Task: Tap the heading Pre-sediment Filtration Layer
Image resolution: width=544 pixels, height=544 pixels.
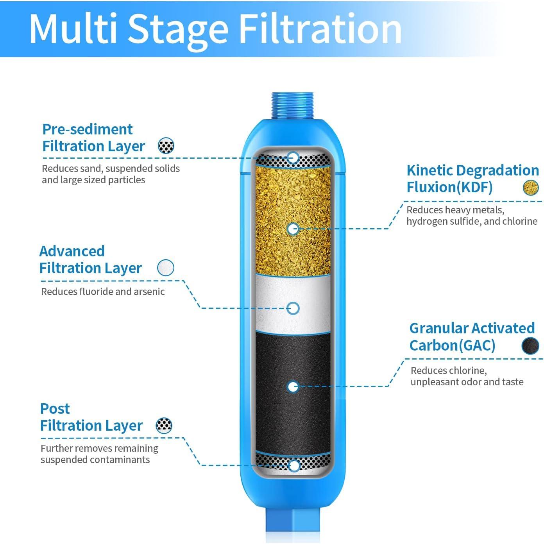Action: (x=93, y=138)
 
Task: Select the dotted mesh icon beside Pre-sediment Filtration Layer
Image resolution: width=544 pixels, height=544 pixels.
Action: (x=166, y=146)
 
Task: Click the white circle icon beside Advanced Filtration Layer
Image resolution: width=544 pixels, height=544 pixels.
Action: (x=165, y=268)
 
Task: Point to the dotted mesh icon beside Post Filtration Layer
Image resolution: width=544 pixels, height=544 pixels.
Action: (x=164, y=425)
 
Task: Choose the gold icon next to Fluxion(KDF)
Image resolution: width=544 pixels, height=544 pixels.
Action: (x=531, y=188)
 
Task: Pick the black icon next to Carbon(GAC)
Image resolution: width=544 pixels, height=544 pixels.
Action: (x=530, y=345)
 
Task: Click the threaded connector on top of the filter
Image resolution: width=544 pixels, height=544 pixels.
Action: (x=293, y=106)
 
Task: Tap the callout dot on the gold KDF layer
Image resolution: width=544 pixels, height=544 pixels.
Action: (x=293, y=229)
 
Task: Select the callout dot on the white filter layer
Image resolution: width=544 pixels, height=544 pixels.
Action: (x=293, y=308)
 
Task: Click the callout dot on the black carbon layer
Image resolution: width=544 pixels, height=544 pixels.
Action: (x=293, y=387)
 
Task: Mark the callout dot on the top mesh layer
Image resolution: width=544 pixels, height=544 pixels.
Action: (x=293, y=158)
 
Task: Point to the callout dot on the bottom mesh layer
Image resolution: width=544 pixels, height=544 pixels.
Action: (x=293, y=465)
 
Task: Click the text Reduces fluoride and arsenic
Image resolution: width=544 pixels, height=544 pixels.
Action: (x=103, y=292)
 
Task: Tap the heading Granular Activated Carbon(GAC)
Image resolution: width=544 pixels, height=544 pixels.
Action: (x=472, y=336)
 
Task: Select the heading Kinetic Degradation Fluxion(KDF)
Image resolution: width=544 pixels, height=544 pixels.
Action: (x=472, y=179)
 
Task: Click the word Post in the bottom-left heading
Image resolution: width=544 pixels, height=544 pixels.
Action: (x=55, y=409)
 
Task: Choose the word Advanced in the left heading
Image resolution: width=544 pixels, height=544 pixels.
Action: (x=72, y=251)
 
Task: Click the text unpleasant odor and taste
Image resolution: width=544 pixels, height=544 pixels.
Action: (x=467, y=382)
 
